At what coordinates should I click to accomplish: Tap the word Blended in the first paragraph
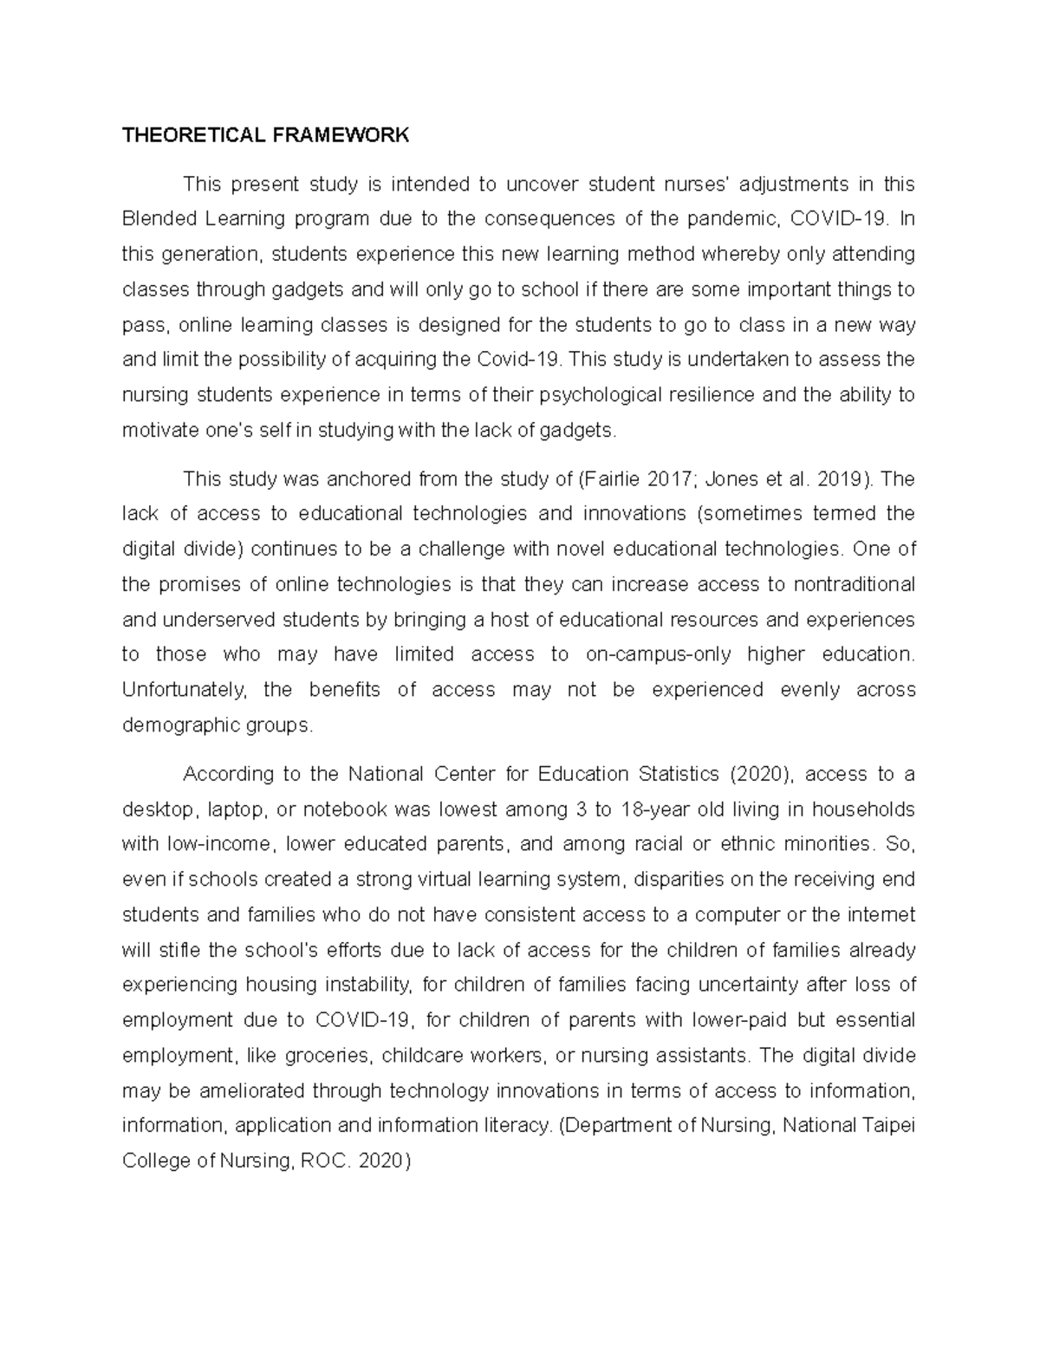pos(159,218)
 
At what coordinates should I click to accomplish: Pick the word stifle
pos(179,951)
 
